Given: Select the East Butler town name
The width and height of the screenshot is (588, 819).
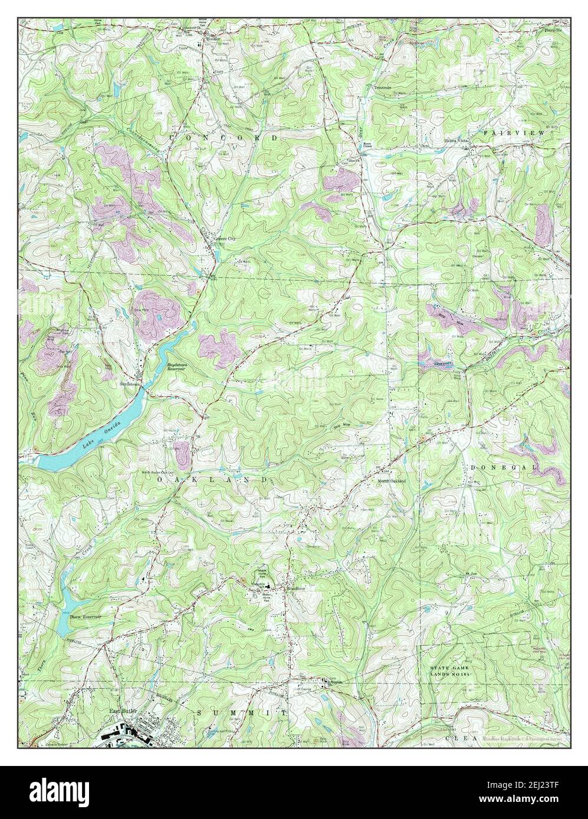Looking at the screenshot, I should pos(123,712).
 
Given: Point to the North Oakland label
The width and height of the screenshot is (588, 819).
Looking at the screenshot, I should pos(392,481).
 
